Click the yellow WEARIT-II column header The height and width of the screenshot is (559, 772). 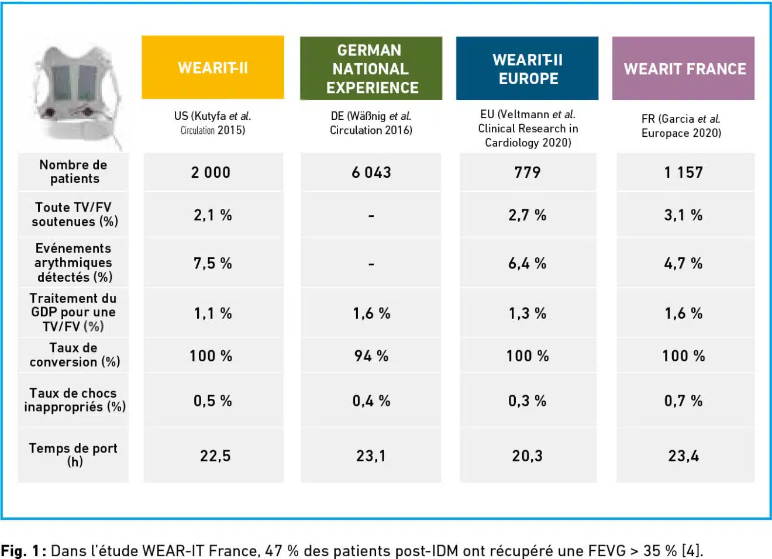point(213,68)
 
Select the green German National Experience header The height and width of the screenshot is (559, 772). point(371,68)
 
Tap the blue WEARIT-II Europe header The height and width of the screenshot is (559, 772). point(528,68)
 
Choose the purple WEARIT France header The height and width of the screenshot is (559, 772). point(684,69)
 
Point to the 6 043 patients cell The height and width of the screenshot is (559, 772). point(371,172)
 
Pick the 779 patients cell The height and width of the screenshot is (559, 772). point(528,172)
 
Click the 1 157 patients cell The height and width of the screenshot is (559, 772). point(684,172)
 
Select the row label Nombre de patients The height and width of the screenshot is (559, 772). point(74,172)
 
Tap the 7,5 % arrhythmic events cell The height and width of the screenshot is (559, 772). point(213,264)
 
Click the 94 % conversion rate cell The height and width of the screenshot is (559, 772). point(371,356)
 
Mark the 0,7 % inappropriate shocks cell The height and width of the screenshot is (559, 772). point(684,401)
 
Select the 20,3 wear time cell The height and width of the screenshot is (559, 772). point(528,456)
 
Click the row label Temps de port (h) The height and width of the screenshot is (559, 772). point(74,455)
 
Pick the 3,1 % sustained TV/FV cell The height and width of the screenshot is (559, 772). point(684,215)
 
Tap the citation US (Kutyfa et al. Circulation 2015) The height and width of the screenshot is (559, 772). point(213,123)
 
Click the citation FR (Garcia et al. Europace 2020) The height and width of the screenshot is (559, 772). point(681,126)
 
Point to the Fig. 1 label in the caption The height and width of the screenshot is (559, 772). point(21,551)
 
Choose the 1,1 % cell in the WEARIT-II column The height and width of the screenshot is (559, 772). point(213,314)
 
